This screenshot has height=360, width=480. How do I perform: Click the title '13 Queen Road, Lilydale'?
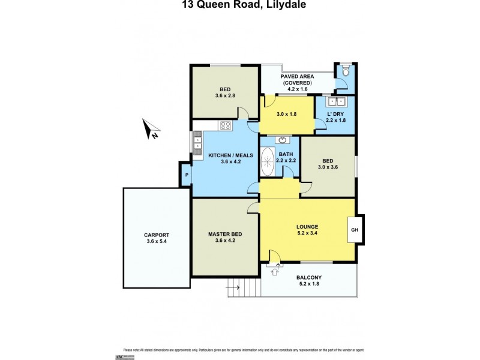(x=239, y=5)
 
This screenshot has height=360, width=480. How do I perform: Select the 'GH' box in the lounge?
(x=355, y=229)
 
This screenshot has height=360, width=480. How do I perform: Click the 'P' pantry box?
(x=187, y=175)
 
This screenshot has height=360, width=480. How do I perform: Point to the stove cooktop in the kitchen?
(x=226, y=125)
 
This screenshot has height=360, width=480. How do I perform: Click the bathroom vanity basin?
(x=281, y=140)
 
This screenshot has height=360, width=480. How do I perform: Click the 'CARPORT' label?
(x=157, y=235)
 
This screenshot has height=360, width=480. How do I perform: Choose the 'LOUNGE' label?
(x=307, y=226)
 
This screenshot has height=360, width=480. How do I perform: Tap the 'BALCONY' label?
(x=309, y=277)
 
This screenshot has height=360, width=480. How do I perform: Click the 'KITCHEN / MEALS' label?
(x=230, y=155)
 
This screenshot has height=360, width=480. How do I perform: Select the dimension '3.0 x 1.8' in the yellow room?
(x=286, y=114)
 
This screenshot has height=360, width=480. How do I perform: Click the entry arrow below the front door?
(x=275, y=272)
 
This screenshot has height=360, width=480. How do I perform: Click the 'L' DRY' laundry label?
(x=335, y=114)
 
